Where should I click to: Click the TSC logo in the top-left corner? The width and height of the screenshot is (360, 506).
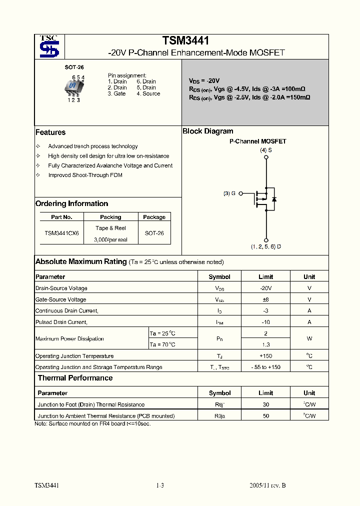click(49, 46)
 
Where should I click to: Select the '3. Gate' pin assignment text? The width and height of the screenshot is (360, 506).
click(117, 93)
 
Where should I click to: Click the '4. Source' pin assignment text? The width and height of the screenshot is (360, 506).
click(148, 93)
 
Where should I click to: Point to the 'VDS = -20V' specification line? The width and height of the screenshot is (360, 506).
click(204, 80)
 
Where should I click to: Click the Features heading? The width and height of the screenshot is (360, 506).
click(50, 132)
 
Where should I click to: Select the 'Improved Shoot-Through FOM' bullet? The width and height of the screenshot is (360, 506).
click(85, 175)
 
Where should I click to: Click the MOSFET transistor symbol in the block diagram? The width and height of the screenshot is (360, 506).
click(264, 198)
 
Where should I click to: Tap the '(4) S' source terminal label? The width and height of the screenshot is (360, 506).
click(265, 150)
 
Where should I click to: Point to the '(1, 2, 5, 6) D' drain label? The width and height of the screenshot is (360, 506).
click(265, 246)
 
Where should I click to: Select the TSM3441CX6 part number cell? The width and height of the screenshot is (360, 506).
click(61, 233)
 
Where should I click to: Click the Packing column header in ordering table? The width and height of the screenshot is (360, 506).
click(110, 217)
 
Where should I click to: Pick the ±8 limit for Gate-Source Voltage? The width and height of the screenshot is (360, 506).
click(265, 299)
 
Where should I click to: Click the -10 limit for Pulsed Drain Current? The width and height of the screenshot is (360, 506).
click(265, 322)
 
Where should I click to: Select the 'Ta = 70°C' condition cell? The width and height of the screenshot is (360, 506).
click(162, 344)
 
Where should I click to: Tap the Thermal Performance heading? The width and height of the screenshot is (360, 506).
click(75, 378)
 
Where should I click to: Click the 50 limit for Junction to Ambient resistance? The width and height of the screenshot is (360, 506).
click(265, 416)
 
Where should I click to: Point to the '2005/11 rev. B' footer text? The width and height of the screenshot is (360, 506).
click(267, 485)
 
